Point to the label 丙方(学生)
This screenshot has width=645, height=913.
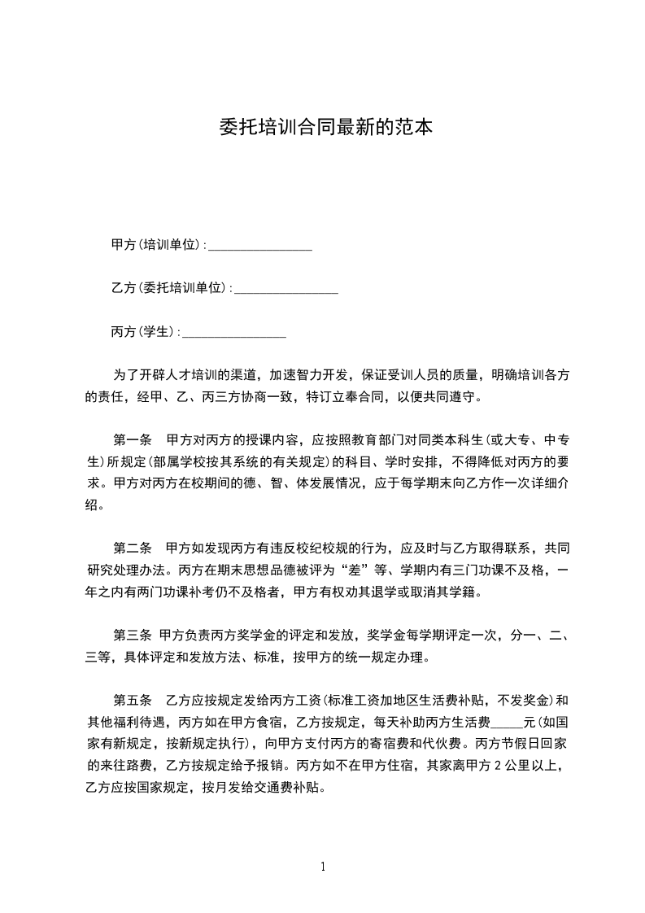143,332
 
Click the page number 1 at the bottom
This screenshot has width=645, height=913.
323,867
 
